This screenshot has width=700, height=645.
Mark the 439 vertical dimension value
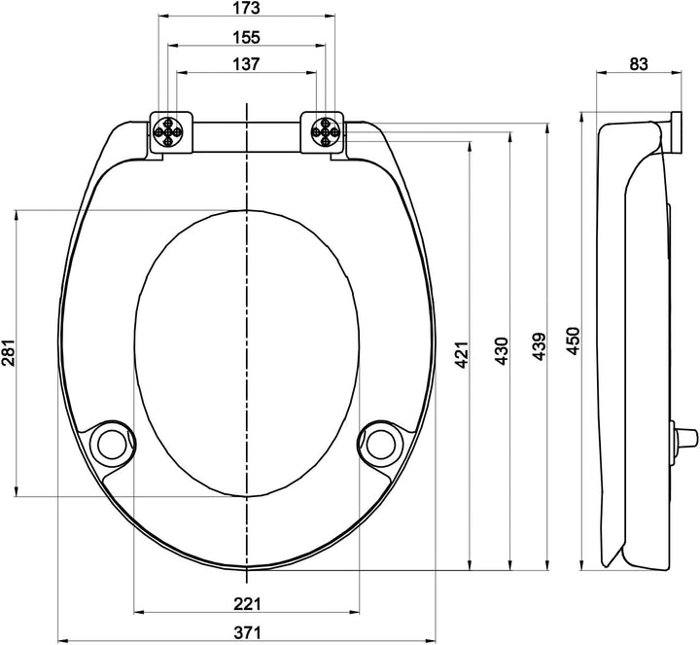539,347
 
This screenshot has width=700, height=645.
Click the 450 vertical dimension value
574,341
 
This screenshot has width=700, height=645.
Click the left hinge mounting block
170,131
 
